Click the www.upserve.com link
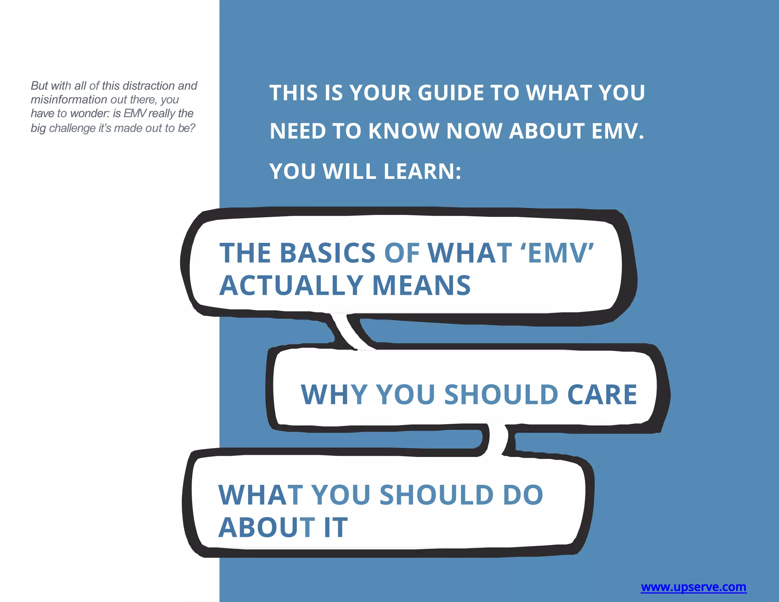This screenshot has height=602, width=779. pyautogui.click(x=693, y=587)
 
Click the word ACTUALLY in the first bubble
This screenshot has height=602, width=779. pyautogui.click(x=292, y=285)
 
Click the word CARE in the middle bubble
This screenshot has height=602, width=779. pyautogui.click(x=602, y=394)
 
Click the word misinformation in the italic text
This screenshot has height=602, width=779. pyautogui.click(x=68, y=100)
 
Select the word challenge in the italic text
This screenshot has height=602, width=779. pyautogui.click(x=72, y=128)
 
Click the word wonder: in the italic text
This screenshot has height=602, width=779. pyautogui.click(x=91, y=113)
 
